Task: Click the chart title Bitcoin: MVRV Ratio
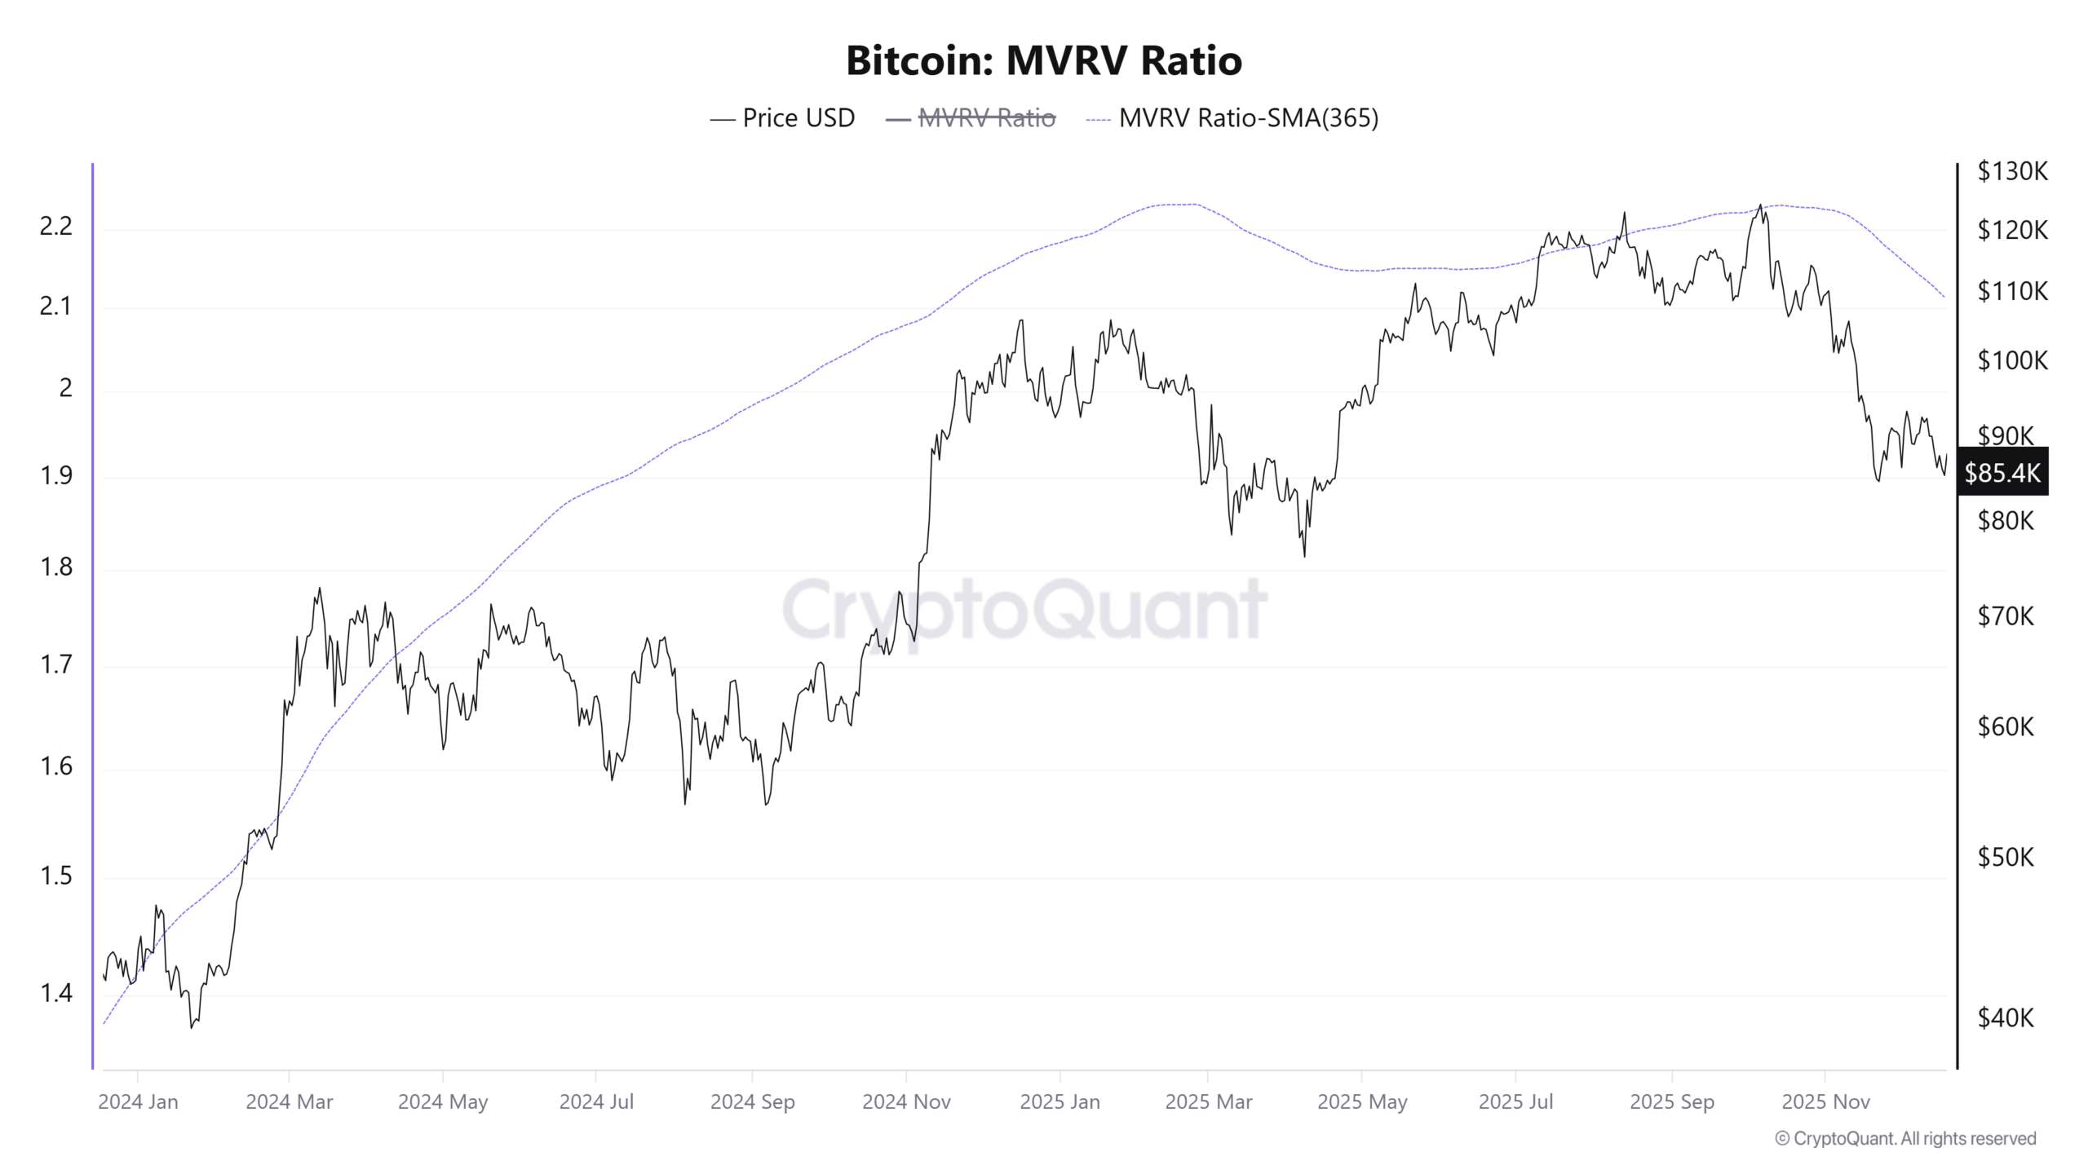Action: (x=1043, y=60)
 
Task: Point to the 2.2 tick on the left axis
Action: (x=56, y=227)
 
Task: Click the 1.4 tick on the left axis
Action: (x=56, y=993)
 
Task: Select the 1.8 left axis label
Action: (x=56, y=567)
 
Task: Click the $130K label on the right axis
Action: (x=2012, y=171)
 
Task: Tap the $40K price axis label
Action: (x=2006, y=1017)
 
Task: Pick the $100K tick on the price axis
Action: (x=2012, y=360)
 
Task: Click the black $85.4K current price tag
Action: (x=2002, y=473)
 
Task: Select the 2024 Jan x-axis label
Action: (x=138, y=1102)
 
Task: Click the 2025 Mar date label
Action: (x=1208, y=1102)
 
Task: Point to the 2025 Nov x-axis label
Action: (x=1825, y=1102)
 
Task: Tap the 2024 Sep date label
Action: (x=752, y=1102)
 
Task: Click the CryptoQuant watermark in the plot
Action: (x=1024, y=610)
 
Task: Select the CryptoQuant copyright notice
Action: (x=1905, y=1139)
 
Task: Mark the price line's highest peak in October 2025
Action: (x=1760, y=205)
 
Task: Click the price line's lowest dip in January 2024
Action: (x=192, y=1027)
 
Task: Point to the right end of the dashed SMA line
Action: (x=1944, y=297)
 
